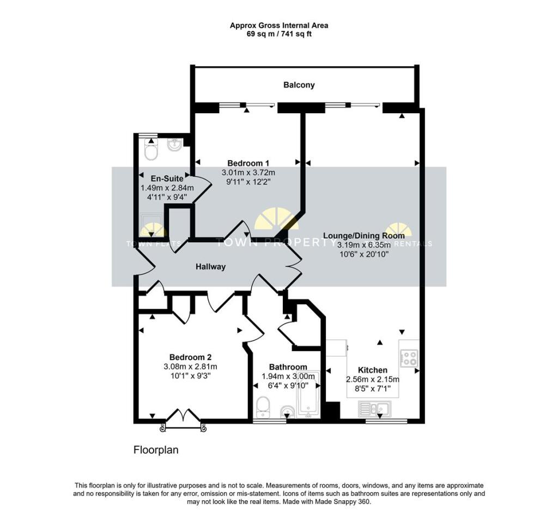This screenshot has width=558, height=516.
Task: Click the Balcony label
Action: pos(299,85)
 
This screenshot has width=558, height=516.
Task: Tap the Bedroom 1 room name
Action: pos(248,163)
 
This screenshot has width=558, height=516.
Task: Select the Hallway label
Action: pos(211,267)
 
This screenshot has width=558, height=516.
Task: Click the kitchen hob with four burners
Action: pos(409,357)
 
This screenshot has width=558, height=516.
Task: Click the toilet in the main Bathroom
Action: pos(263,407)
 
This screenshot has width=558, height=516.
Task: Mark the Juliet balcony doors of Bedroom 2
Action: pos(183,419)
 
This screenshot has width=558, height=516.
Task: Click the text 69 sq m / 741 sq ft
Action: pos(278,34)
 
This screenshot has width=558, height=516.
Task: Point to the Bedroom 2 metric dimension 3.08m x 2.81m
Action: pos(191,366)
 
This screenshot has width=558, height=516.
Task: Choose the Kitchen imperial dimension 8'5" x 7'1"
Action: pos(373,389)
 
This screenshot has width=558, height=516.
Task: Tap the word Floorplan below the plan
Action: pos(156,450)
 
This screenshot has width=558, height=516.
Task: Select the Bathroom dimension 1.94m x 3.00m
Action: pos(288,376)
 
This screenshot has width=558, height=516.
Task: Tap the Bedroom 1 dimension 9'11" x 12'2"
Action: pos(248,182)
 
